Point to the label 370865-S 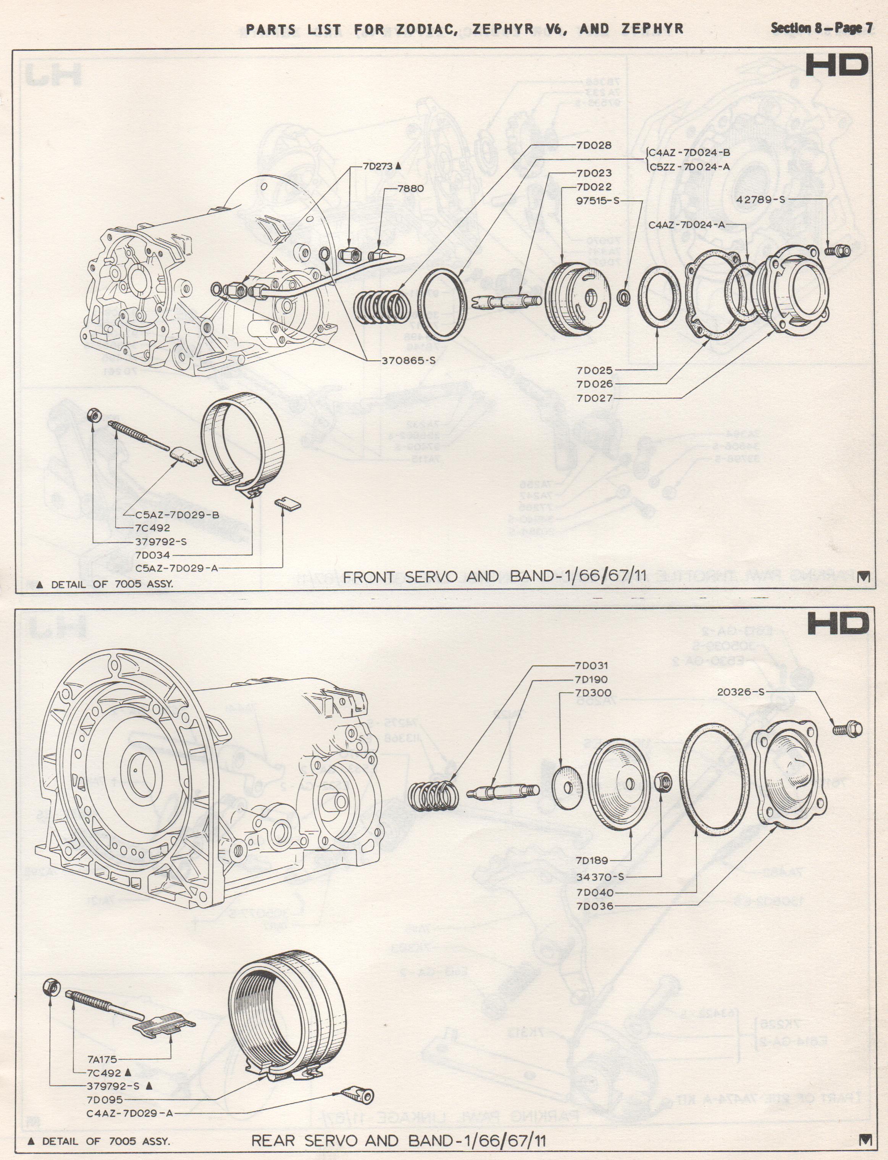pos(408,361)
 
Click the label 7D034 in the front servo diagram pos(153,555)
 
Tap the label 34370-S pos(600,877)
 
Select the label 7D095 pos(105,1099)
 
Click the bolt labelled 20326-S pos(847,729)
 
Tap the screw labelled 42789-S pos(837,250)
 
